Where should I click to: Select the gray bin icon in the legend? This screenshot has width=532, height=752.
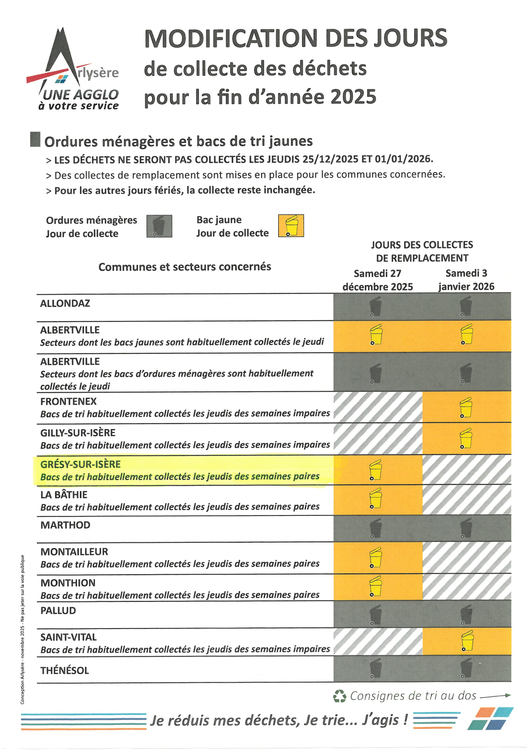coord(159,226)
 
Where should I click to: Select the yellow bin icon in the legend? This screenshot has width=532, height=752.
coord(291,226)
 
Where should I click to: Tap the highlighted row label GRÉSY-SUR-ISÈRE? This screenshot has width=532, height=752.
coord(81,464)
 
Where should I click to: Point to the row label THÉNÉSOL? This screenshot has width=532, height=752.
coord(65,671)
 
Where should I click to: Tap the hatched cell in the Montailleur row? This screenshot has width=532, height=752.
coord(467,558)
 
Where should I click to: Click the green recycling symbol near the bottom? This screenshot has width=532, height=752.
coord(339,696)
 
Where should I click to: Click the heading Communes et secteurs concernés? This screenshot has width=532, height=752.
coord(185,267)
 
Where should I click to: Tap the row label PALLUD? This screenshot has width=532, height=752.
coord(58,610)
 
